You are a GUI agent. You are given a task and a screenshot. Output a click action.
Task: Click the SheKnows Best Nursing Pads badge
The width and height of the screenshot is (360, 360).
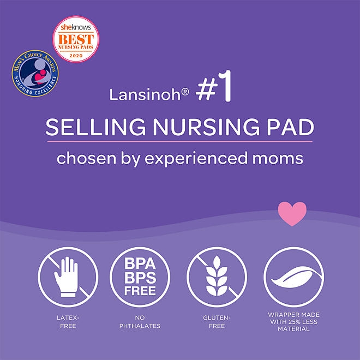click(x=76, y=39)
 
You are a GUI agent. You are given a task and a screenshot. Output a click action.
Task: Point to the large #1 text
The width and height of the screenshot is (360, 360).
click(x=214, y=92)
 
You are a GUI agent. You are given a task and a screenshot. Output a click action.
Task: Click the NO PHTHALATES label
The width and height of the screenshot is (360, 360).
click(x=140, y=322)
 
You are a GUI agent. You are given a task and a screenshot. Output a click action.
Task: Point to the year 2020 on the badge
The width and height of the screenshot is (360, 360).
click(x=76, y=56)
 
